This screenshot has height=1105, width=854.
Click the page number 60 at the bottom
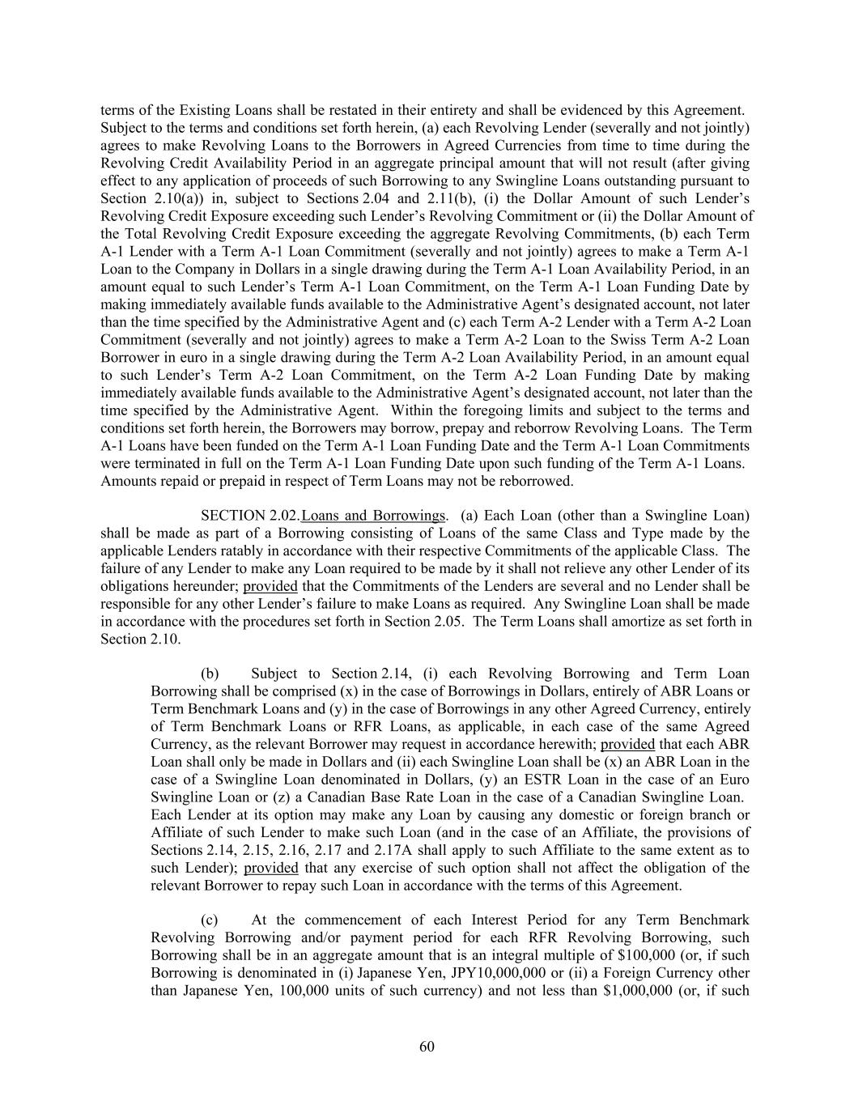tap(427, 1047)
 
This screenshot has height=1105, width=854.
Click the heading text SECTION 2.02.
tap(249, 516)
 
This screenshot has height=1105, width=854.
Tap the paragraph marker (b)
tap(210, 674)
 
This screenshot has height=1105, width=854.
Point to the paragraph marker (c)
tap(209, 920)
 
